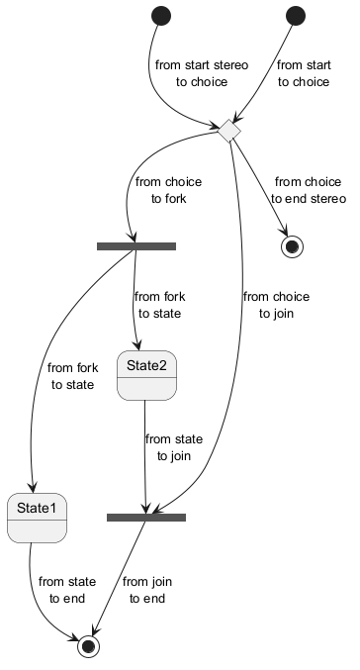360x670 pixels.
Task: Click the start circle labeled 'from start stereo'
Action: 161,16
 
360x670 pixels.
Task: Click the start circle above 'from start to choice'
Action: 296,16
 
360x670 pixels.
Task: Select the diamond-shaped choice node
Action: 229,131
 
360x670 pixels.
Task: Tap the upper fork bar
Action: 136,246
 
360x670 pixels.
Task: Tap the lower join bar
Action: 146,518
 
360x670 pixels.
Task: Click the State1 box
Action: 38,518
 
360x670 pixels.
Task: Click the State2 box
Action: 146,376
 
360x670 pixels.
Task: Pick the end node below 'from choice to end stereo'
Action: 292,246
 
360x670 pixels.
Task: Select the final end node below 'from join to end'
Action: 88,646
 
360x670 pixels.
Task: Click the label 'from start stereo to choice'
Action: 202,73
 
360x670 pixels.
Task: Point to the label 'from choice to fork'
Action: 169,190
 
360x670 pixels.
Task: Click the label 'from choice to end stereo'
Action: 309,190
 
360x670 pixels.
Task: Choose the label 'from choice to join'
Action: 276,305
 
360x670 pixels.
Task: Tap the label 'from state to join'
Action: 174,447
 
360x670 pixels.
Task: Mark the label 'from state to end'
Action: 67,590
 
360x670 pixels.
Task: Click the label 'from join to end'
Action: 147,590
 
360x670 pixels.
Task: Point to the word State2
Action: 146,366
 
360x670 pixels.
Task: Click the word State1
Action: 37,508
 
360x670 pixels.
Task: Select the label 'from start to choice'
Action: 304,73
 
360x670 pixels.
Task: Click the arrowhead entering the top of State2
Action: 137,345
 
